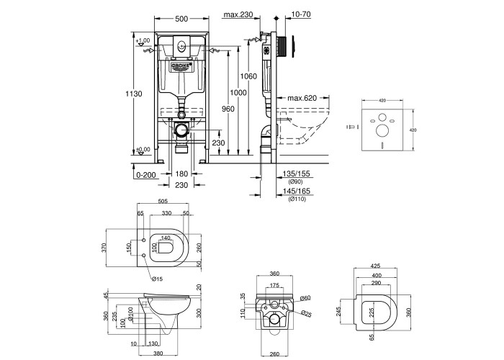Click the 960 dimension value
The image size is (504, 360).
click(x=228, y=108)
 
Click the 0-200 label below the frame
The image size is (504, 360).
click(x=145, y=174)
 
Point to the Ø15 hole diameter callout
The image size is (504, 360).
click(x=158, y=279)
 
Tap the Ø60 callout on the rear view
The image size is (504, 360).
click(x=305, y=298)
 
